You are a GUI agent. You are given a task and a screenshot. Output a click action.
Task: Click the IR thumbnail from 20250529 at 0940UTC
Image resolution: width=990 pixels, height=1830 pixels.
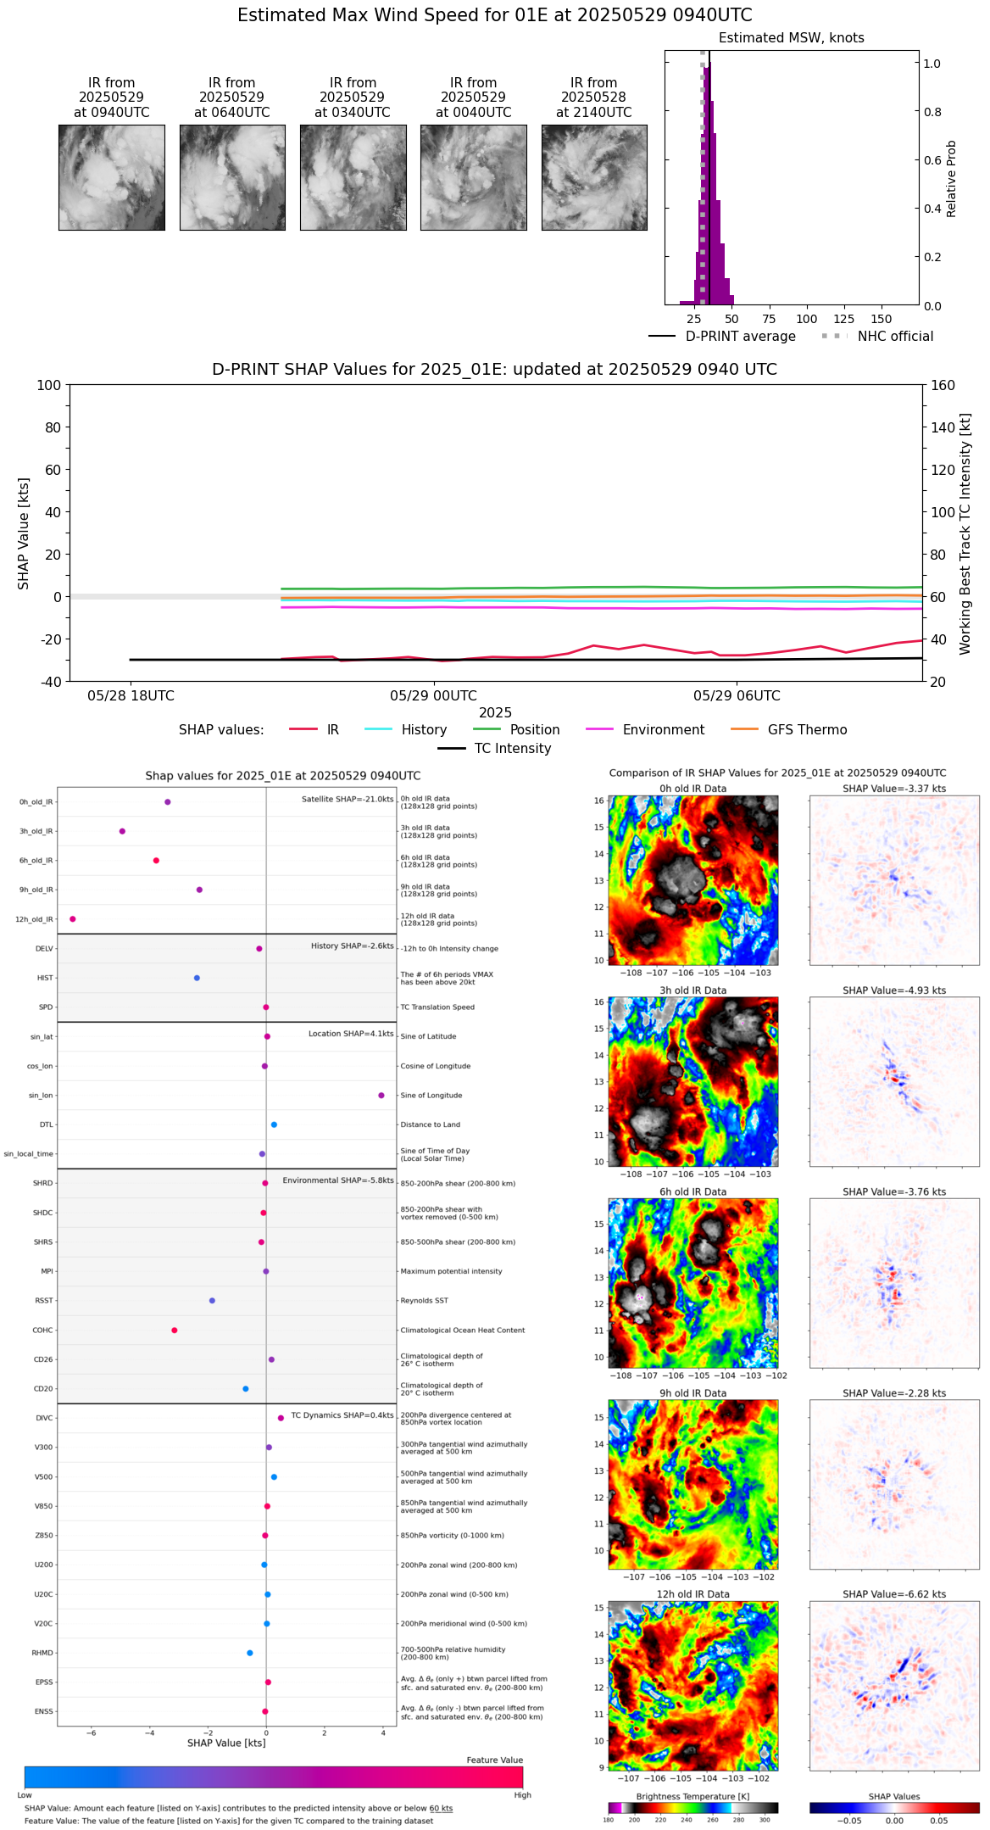[x=111, y=177]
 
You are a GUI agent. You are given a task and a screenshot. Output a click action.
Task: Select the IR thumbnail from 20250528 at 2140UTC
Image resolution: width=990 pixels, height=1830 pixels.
[x=594, y=177]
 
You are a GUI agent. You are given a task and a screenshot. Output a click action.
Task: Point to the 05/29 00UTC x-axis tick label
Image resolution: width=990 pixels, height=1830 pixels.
[x=433, y=696]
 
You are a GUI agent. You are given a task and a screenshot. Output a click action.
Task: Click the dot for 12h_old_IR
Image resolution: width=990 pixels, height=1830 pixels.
[x=73, y=919]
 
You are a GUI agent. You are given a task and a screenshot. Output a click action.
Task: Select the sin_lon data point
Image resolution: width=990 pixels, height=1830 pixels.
[x=381, y=1096]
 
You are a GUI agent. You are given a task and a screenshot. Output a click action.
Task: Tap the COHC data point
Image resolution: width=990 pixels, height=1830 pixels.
[x=175, y=1331]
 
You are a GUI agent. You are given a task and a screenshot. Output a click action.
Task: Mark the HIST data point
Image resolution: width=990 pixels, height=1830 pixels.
[x=197, y=978]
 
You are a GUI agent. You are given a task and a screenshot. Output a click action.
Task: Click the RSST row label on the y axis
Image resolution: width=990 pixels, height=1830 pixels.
[x=44, y=1301]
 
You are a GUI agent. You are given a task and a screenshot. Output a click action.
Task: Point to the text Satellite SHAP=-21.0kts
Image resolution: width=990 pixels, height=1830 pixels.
[x=348, y=800]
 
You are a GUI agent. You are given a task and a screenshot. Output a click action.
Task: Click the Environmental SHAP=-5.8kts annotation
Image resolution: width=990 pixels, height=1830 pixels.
[x=338, y=1180]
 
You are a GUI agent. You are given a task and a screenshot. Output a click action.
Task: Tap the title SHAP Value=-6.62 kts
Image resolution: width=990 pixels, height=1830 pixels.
[x=894, y=1594]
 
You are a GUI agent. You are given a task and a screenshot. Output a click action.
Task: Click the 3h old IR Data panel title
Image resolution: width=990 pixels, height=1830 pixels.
[x=692, y=990]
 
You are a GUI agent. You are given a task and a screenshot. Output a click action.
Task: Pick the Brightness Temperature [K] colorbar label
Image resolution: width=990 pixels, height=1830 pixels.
[x=692, y=1796]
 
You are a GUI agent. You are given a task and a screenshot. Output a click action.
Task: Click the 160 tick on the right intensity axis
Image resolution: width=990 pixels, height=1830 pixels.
[x=943, y=386]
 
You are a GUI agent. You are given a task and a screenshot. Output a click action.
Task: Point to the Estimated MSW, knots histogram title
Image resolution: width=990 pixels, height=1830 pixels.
[x=791, y=38]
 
